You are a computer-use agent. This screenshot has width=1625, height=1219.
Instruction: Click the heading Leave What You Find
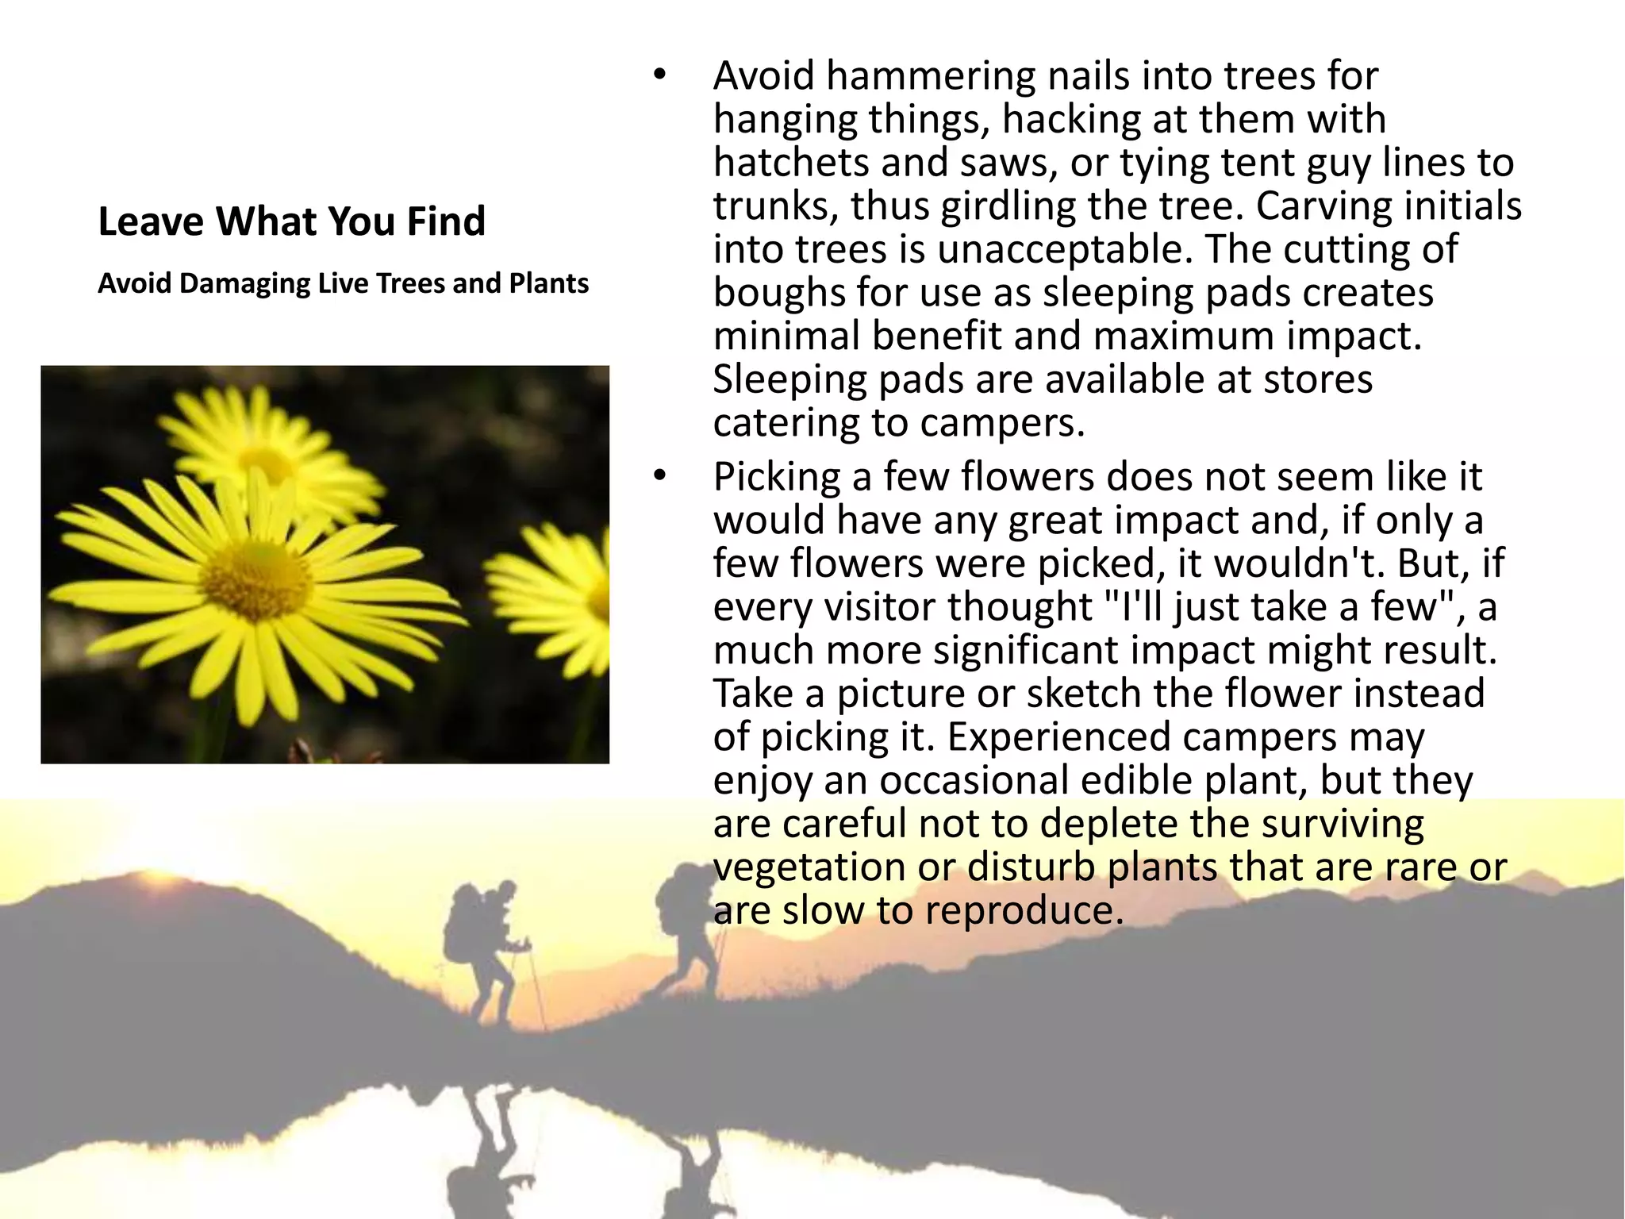pyautogui.click(x=291, y=221)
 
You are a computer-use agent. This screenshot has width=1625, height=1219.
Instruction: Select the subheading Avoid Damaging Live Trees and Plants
pyautogui.click(x=343, y=283)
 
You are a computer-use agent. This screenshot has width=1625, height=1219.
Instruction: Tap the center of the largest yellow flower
pyautogui.click(x=255, y=582)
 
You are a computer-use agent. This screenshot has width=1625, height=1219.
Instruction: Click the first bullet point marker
pyautogui.click(x=658, y=76)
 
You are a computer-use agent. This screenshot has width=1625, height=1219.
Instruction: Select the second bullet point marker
pyautogui.click(x=658, y=477)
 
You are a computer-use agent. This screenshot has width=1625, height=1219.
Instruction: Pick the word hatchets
pyautogui.click(x=790, y=163)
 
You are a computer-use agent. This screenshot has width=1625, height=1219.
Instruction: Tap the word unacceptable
pyautogui.click(x=1065, y=249)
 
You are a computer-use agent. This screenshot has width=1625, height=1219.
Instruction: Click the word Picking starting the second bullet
pyautogui.click(x=776, y=478)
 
